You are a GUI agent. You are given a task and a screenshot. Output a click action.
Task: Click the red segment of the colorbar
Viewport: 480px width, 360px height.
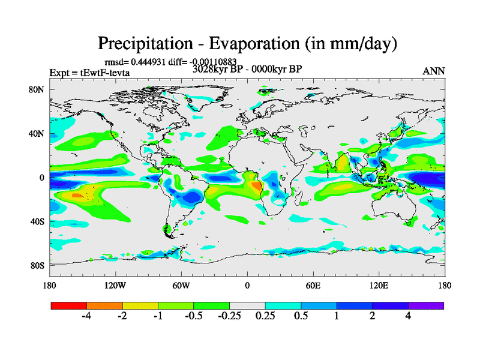(x=69, y=305)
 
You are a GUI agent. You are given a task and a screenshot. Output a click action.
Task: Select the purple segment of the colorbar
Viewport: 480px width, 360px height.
(x=426, y=305)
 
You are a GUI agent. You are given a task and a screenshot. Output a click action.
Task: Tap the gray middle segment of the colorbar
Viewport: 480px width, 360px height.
(x=247, y=305)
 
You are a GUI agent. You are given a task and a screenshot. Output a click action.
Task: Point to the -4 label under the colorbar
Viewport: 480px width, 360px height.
(x=86, y=316)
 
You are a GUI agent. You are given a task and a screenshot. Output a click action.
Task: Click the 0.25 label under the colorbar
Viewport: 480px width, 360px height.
(x=265, y=316)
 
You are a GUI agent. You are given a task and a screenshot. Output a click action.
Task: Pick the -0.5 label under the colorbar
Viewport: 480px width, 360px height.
(x=193, y=316)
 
